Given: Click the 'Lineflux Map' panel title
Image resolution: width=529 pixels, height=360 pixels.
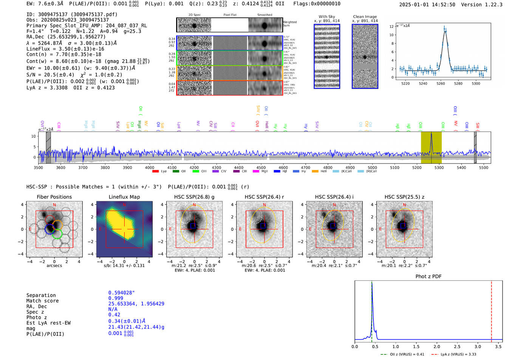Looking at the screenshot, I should pos(124,197).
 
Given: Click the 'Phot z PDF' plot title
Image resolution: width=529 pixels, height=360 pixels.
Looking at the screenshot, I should pos(428,277).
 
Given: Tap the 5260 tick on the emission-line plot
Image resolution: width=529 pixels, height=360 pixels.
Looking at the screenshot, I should pos(441,83).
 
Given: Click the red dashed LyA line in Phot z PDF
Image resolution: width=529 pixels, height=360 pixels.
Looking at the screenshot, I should pos(491,310).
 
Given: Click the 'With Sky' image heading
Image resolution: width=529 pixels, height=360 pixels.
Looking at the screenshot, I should pos(326,17).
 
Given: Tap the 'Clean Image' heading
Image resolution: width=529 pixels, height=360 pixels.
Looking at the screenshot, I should pos(365,17).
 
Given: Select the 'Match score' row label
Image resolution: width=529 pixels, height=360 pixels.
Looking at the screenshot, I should pos(42,301).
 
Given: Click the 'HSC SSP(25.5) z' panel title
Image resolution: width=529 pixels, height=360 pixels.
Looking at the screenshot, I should pos(404,197).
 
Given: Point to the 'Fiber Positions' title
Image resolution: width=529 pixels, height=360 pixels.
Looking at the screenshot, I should pos(54,197).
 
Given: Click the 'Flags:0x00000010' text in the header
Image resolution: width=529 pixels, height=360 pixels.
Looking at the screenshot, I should pos(317,4).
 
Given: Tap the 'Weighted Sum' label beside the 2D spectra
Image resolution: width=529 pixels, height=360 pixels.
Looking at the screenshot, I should pos(290,24).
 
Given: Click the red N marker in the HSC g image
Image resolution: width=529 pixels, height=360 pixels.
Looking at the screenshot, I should pos(194,205).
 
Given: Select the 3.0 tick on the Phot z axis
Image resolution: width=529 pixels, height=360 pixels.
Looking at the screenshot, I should pos(478,346).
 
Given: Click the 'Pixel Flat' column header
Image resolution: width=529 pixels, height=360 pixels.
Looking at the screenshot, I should pos(230,15).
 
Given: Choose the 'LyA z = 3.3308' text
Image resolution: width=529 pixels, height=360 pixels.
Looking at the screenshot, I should pos(47,88).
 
